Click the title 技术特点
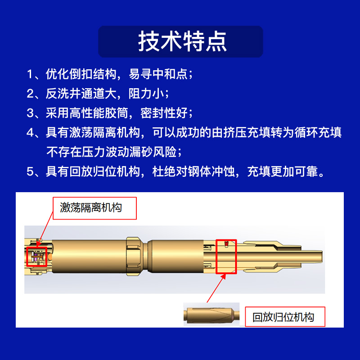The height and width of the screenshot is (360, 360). coord(182,41)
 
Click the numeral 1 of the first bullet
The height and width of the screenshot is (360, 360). coord(30,74)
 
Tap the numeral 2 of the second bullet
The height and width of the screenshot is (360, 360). coord(30,94)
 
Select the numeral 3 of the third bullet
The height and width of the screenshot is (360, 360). coord(30,113)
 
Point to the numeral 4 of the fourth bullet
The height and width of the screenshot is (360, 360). coord(30,132)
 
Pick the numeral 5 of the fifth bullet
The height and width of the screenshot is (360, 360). coord(30,171)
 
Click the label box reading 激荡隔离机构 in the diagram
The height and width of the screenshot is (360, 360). coord(94,208)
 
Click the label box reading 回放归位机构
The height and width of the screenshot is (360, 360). coord(285,317)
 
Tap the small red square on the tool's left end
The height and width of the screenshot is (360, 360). coord(36,256)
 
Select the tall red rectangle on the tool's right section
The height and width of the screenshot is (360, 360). coord(226,256)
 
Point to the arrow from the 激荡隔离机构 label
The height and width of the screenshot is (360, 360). coord(45,229)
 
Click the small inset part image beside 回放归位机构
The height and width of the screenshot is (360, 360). coord(211,314)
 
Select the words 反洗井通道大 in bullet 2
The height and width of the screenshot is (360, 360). coord(82,94)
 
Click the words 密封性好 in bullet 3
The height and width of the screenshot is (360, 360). coord(164,113)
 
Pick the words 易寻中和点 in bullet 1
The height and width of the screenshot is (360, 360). coord(158,74)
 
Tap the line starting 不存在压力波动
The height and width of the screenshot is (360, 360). coord(114,152)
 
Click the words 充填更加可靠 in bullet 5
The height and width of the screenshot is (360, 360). coord(283,171)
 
